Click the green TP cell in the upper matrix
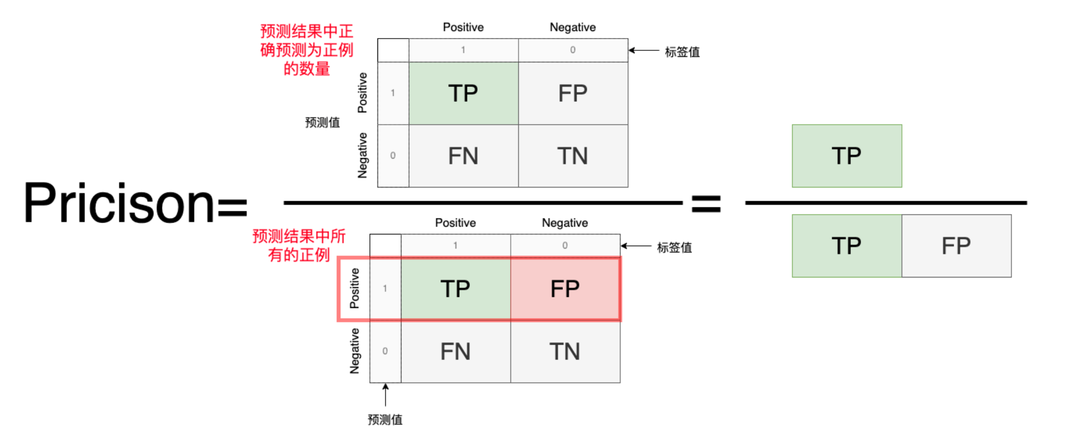click(x=463, y=94)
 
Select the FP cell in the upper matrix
click(x=573, y=94)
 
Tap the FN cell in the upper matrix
click(x=463, y=156)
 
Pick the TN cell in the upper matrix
click(x=573, y=156)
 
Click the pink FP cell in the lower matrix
click(x=565, y=289)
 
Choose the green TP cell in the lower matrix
click(x=456, y=289)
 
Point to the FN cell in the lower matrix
click(x=456, y=352)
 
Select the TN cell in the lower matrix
click(x=565, y=352)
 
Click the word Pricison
click(x=119, y=203)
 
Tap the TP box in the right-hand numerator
click(x=847, y=156)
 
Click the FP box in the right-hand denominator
click(x=957, y=246)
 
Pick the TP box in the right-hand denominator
click(x=847, y=246)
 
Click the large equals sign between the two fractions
click(x=706, y=204)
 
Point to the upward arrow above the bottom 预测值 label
click(x=386, y=395)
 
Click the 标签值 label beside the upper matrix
click(x=682, y=52)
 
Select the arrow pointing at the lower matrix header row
click(x=636, y=246)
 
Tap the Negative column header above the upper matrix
click(x=573, y=27)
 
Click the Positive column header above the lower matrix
click(x=455, y=223)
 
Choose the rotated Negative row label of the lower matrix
click(x=354, y=351)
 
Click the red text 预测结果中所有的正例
click(x=299, y=245)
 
